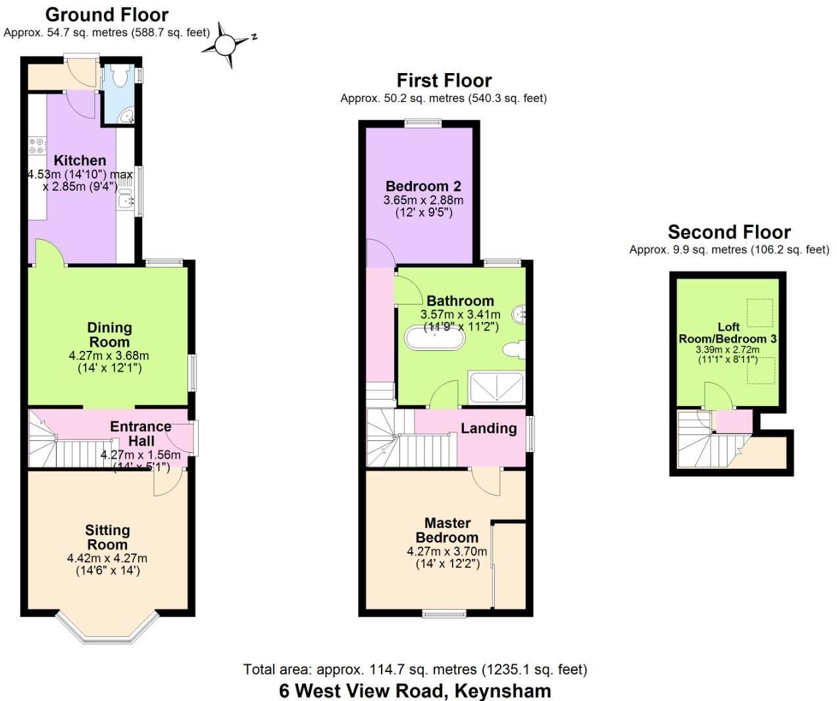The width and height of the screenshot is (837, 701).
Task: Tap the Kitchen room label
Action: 80,161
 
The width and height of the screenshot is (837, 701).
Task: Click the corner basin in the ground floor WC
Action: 126,117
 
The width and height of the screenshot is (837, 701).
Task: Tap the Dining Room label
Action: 109,334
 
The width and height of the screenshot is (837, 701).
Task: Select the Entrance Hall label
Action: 140,434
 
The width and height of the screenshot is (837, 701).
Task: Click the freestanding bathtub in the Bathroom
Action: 435,338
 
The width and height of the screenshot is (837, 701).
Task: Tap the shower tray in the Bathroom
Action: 496,386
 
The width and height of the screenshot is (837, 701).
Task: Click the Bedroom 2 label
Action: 423,186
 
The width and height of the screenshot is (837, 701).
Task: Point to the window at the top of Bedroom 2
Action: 422,122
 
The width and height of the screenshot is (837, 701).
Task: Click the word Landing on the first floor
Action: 488,428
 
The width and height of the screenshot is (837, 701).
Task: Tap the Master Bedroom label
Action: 447,530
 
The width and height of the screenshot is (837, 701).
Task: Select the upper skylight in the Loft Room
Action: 760,313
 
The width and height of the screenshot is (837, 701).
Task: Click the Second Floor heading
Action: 729,232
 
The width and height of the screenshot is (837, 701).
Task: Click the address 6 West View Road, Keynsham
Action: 415,690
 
